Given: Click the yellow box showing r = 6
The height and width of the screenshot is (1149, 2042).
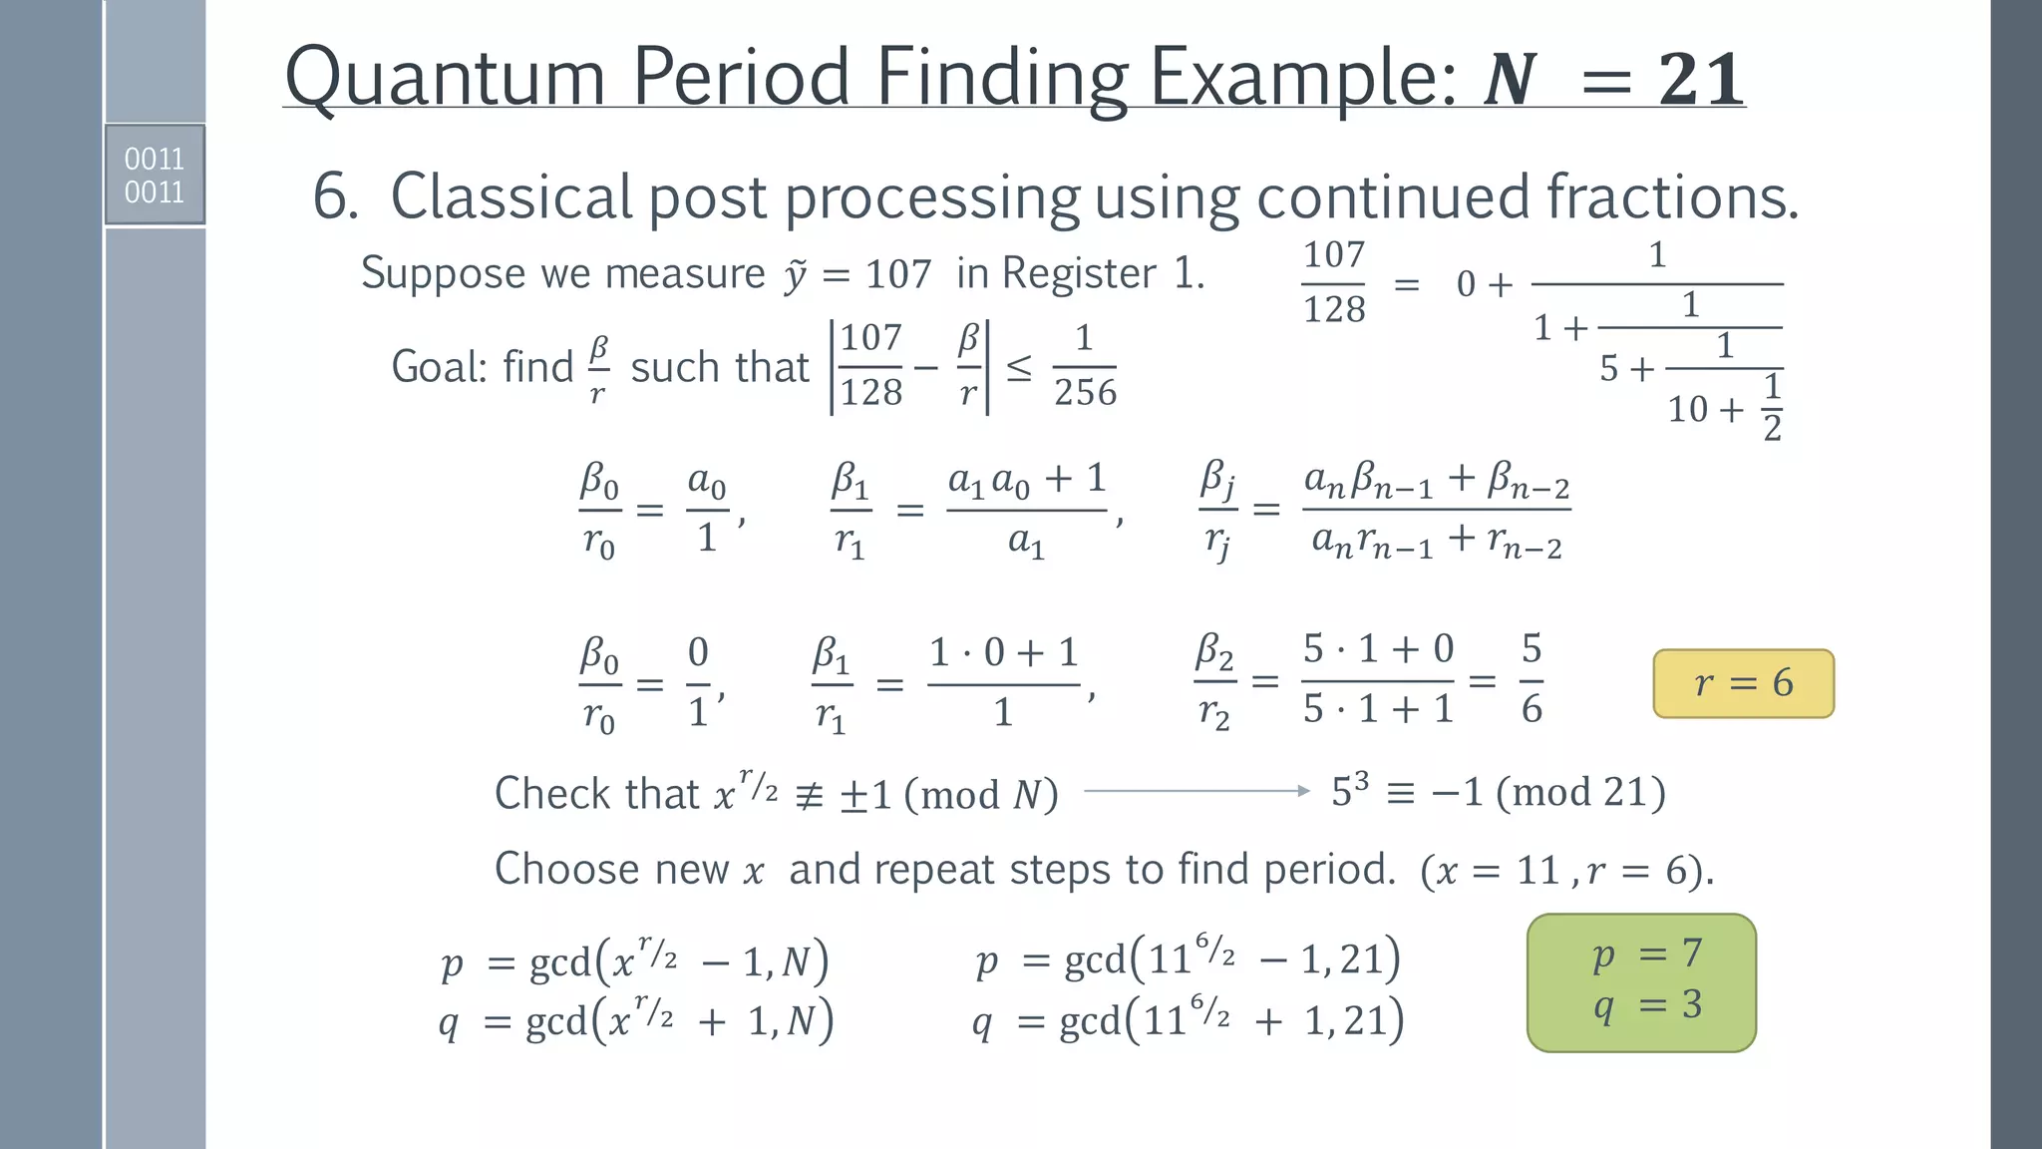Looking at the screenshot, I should coord(1743,683).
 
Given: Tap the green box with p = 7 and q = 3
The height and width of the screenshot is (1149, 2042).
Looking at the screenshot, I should coord(1641,982).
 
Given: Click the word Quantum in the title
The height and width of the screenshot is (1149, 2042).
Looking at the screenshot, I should coord(445,77).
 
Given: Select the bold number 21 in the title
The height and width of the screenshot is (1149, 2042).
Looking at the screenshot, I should coord(1701,80).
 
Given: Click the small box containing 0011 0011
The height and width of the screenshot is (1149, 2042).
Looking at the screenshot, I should coord(155,175).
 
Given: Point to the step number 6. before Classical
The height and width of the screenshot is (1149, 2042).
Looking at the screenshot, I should coord(336,196).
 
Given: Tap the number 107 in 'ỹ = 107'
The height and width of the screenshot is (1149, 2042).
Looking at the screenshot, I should coord(897,274).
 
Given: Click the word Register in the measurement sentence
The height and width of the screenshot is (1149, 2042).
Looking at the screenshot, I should coord(1080,273).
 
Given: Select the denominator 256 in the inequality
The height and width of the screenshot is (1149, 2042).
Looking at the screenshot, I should coord(1085,392).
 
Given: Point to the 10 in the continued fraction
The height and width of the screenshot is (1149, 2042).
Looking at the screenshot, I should coord(1688,409).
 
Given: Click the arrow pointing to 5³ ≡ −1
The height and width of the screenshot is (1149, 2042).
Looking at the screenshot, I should coord(1196,791).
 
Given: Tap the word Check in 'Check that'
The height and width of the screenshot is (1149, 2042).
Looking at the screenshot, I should coord(552,794).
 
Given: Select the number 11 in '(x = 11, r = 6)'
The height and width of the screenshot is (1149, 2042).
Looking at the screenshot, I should coord(1537,871).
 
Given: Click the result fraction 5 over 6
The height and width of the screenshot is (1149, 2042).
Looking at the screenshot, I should coord(1531,679).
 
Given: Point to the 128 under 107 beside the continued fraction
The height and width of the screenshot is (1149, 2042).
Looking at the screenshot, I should coord(1334,309).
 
